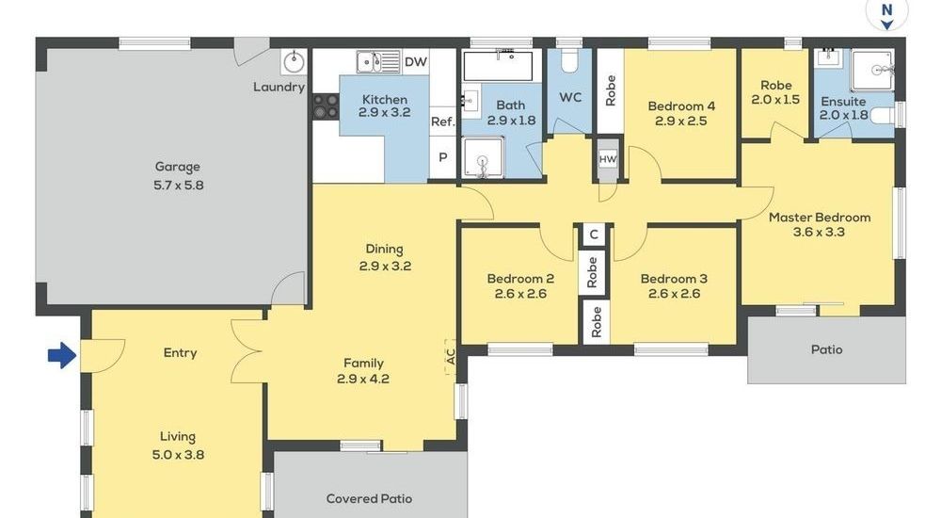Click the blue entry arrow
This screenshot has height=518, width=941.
(x=62, y=355)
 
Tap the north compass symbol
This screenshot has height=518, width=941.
(x=887, y=15)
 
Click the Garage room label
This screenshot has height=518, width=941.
(x=178, y=167)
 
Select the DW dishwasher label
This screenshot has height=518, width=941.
(x=415, y=62)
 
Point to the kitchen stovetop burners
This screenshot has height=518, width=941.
(x=326, y=105)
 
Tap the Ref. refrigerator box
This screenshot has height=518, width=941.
(x=443, y=121)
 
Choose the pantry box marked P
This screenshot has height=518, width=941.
(x=443, y=157)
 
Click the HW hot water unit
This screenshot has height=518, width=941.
(x=608, y=159)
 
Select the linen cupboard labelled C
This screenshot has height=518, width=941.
(x=594, y=234)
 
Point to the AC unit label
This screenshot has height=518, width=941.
(x=450, y=356)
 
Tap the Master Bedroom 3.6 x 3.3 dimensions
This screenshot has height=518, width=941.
(x=819, y=232)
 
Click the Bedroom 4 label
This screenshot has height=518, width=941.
(x=681, y=106)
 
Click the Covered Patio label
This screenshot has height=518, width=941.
(x=369, y=499)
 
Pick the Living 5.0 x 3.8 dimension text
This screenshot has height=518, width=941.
(x=178, y=455)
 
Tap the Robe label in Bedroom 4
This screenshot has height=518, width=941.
(x=611, y=90)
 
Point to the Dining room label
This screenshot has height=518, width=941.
(x=384, y=250)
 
